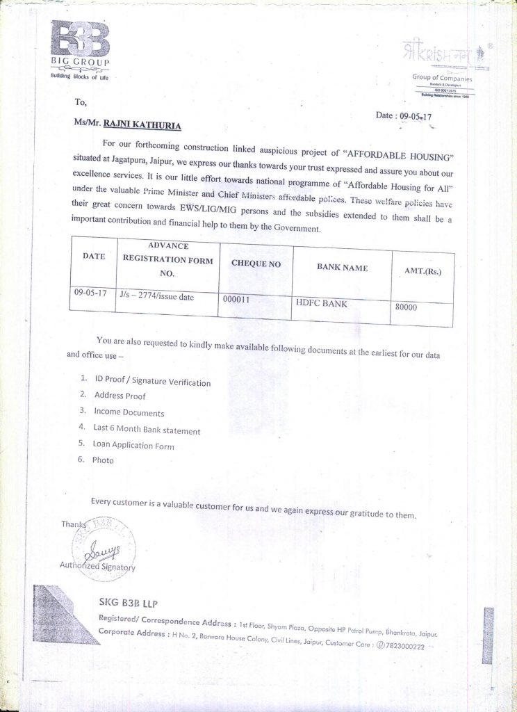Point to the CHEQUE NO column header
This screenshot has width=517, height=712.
point(256,264)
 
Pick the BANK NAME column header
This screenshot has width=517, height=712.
point(342,268)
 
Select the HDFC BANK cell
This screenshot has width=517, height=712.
point(321,303)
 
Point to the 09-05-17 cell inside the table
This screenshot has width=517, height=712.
point(90,293)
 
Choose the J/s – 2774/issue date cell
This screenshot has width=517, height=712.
point(156,296)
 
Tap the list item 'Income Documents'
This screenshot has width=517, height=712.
point(129,412)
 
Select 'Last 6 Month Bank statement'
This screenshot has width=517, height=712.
point(147,430)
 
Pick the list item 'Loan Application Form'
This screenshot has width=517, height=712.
point(133,446)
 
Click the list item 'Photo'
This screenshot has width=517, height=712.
point(103,460)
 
